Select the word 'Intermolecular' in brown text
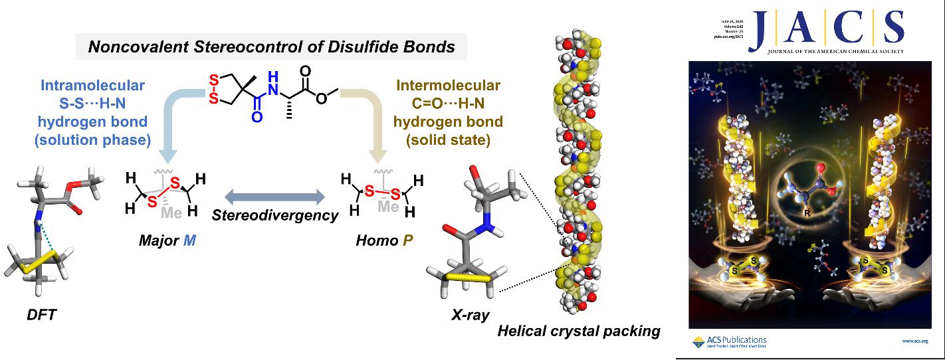coord(449,87)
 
